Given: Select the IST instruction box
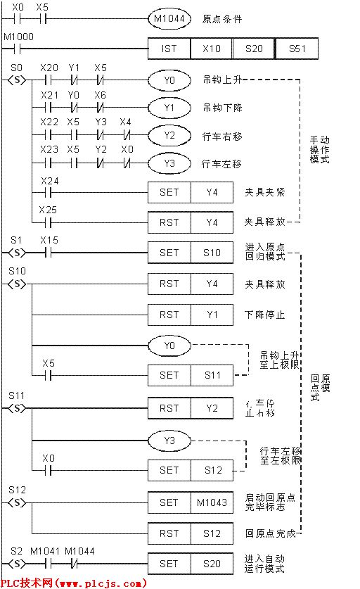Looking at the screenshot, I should (x=169, y=49).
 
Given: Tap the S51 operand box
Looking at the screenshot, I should (x=296, y=49).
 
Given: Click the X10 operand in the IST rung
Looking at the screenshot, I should (x=211, y=49).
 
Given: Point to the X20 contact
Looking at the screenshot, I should (x=49, y=80).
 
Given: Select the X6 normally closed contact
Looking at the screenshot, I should (x=101, y=108).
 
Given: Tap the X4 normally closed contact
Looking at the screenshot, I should (x=126, y=135).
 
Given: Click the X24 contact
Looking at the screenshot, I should (x=49, y=191).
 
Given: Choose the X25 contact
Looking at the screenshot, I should (x=49, y=222).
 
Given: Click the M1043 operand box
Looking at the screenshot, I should (x=212, y=502).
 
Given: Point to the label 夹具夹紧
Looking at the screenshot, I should (x=264, y=191).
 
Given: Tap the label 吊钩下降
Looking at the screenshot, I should (x=221, y=108).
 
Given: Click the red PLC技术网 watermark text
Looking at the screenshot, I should (x=73, y=583).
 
